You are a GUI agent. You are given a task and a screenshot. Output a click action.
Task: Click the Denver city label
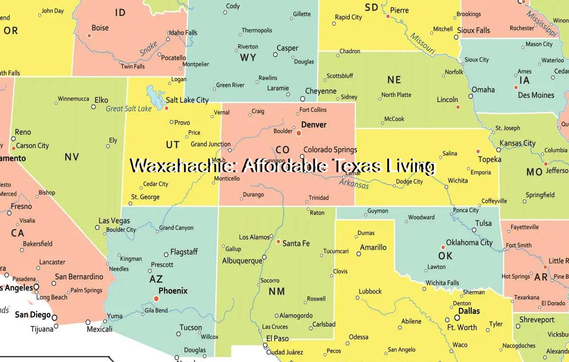(314, 125)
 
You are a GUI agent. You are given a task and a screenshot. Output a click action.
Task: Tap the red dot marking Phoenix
(156, 299)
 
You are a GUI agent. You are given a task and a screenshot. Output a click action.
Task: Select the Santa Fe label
(296, 243)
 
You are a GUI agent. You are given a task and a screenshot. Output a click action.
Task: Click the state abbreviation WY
(248, 57)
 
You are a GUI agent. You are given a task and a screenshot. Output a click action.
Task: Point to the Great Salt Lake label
(129, 109)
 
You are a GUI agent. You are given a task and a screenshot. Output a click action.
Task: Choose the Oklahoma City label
(469, 242)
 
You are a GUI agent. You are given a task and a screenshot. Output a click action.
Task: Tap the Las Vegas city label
(114, 221)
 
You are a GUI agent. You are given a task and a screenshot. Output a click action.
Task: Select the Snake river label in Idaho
(149, 49)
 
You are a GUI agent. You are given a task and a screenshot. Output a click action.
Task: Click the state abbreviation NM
(277, 292)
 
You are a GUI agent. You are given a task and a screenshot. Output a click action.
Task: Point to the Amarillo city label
(373, 247)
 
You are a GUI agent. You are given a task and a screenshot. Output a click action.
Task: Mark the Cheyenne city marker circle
(303, 99)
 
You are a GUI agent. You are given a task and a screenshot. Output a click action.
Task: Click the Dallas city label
(469, 311)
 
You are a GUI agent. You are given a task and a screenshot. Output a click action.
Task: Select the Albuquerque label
(242, 261)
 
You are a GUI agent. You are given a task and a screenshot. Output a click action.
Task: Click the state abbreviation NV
(72, 157)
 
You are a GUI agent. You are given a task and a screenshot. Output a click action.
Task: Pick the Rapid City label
(348, 17)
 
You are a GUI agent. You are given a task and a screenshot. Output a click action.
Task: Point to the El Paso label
(277, 338)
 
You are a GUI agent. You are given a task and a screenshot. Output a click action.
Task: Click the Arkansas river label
(354, 183)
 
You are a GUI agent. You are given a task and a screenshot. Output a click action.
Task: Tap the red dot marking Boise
(89, 35)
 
